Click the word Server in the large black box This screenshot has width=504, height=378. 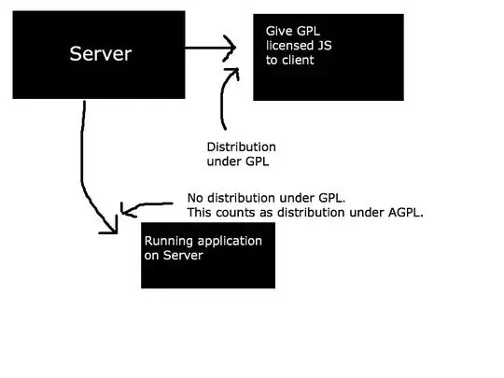[x=101, y=53]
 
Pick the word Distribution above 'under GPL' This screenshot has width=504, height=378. [x=241, y=147]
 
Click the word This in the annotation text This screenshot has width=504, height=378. [x=200, y=213]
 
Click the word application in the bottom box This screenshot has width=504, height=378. [x=230, y=241]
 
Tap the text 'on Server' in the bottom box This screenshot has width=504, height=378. [x=173, y=256]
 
